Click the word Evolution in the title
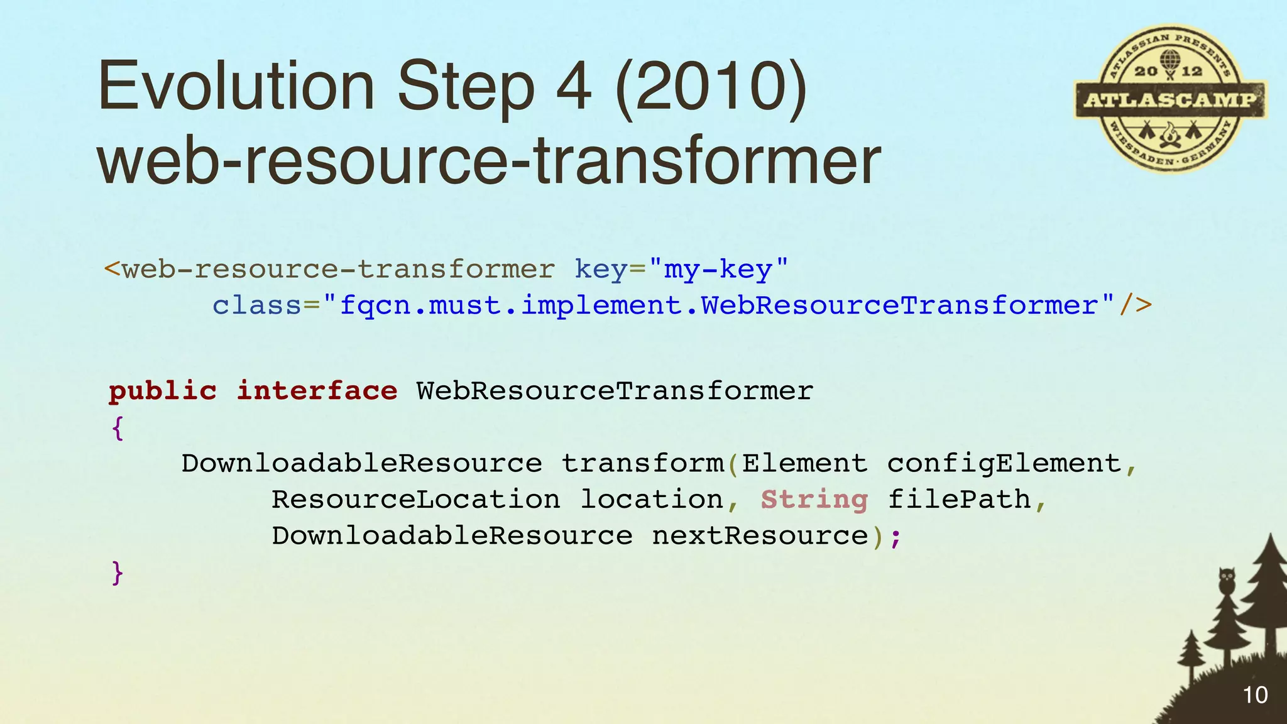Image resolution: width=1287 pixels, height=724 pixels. point(236,86)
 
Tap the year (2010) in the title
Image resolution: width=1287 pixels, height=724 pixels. point(711,86)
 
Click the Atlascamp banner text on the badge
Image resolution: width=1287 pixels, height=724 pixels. point(1170,99)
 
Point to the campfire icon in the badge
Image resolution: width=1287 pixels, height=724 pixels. point(1169,134)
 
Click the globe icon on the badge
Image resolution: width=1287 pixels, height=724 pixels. point(1169,62)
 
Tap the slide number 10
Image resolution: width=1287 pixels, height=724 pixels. point(1255,695)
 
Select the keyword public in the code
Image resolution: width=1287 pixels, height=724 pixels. point(163,392)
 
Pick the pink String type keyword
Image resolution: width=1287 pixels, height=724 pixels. point(814,500)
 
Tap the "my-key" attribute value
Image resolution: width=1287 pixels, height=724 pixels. point(718,270)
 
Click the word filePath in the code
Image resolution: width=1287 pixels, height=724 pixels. point(959,500)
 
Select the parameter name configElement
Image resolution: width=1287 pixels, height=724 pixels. point(1004,464)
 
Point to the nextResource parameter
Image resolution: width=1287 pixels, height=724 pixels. point(760,536)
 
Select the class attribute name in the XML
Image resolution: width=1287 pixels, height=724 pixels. point(257,306)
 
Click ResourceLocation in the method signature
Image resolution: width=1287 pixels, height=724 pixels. point(415,500)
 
